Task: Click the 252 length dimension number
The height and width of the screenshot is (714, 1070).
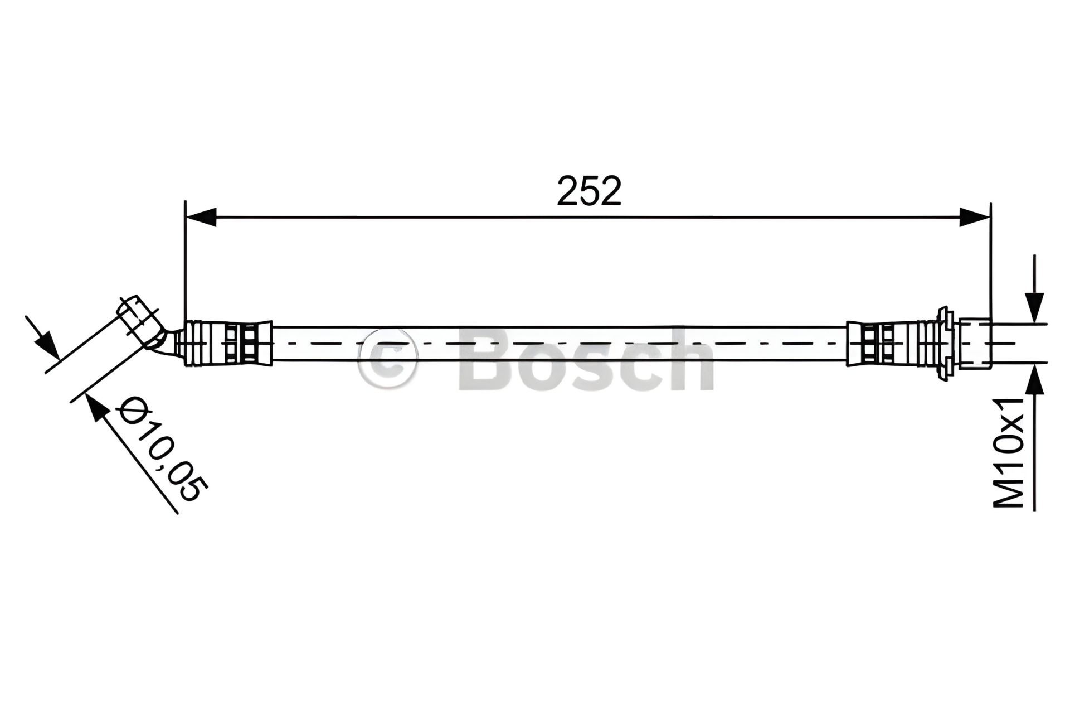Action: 589,191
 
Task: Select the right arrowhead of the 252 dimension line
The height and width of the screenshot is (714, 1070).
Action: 975,217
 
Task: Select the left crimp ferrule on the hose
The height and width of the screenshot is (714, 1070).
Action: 228,343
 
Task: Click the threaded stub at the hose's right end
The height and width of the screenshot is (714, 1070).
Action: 975,343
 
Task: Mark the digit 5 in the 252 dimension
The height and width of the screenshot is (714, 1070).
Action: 589,191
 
